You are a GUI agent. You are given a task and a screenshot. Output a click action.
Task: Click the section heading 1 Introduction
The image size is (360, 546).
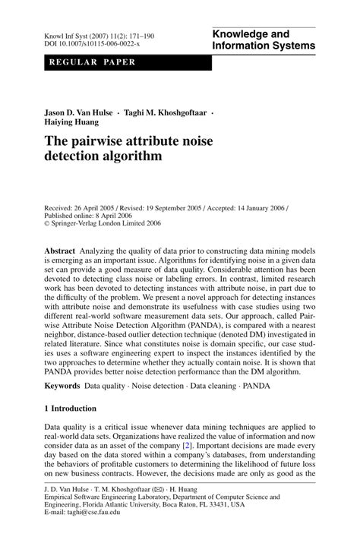pos(71,409)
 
